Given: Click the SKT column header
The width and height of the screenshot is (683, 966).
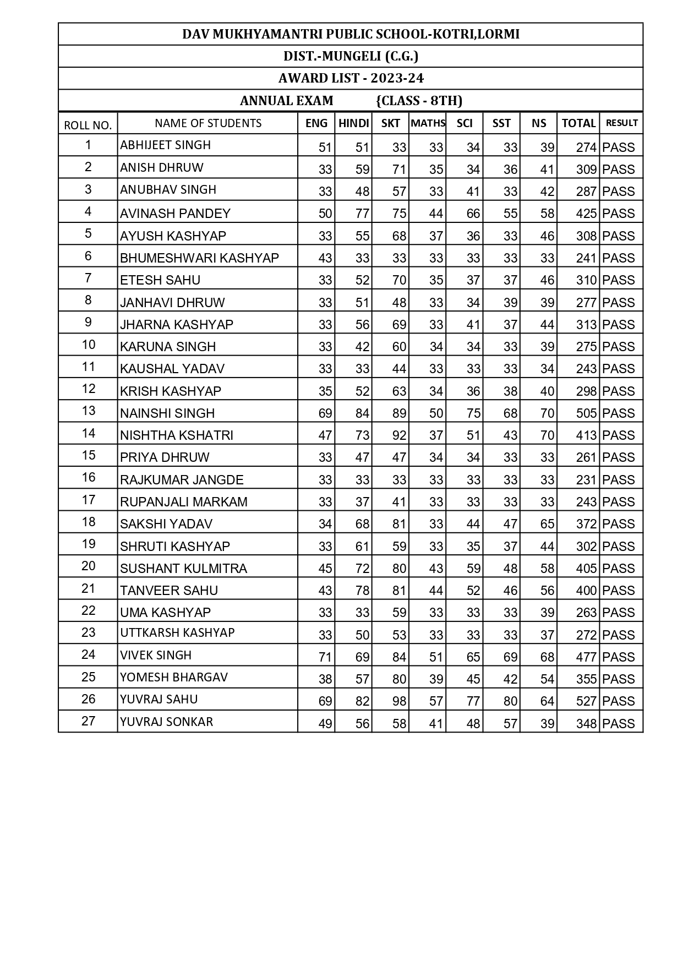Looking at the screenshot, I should tap(390, 123).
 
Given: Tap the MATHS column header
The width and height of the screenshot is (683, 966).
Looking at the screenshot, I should tap(428, 123).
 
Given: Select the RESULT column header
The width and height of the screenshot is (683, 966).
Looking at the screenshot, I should tap(621, 123).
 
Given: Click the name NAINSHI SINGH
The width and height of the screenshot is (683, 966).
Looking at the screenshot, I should tap(167, 413).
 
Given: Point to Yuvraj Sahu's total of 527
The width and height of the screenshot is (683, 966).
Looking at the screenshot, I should tap(586, 701).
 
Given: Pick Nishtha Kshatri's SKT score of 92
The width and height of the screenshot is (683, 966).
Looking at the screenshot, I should tap(399, 435).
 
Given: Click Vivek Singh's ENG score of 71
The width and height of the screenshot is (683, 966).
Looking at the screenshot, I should tap(325, 657).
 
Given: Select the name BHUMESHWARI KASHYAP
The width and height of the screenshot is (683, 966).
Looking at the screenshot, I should tap(199, 258).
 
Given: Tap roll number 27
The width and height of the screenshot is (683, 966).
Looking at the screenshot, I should tap(88, 721).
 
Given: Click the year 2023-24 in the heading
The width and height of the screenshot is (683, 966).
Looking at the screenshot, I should tap(397, 78).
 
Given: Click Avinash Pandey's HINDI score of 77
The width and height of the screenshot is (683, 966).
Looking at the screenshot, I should tap(362, 214).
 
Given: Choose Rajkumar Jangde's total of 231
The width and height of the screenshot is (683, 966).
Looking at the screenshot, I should tap(586, 480).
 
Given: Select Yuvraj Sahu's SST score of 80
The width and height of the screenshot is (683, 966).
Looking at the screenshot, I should tap(510, 701).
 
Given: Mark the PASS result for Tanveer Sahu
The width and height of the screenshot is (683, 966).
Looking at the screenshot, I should tap(618, 591).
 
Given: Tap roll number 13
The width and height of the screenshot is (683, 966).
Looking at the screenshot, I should tap(88, 411).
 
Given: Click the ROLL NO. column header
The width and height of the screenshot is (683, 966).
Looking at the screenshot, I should tap(88, 125).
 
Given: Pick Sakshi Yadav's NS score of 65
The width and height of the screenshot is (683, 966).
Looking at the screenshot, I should tap(547, 524).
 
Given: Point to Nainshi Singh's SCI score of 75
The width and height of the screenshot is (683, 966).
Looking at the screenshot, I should tap(473, 413).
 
